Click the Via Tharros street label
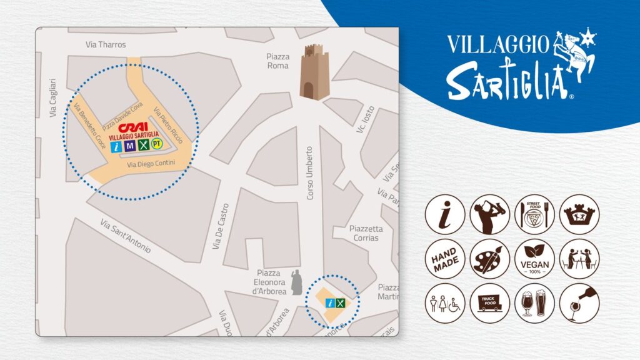[x=106, y=45]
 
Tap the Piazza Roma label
[x=277, y=61]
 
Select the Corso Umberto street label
[x=309, y=173]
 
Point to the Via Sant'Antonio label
[x=126, y=236]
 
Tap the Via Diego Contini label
[x=151, y=164]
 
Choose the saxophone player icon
[x=489, y=214]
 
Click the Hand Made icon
[x=445, y=259]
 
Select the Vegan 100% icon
[x=534, y=259]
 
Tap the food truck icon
[x=489, y=303]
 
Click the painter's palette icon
[x=489, y=259]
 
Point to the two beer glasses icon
[x=534, y=303]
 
